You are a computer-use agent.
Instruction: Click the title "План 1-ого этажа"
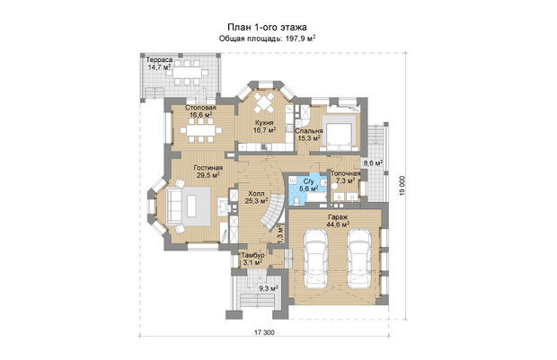pos(267,27)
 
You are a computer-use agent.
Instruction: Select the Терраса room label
pos(160,60)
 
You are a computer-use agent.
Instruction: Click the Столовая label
pos(200,108)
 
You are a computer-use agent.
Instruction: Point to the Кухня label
pos(264,123)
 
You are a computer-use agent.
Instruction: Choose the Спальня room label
pos(309,131)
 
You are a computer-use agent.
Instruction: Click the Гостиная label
pos(208,168)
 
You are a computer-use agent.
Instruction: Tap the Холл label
pos(256,194)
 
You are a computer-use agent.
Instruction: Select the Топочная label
pos(345,173)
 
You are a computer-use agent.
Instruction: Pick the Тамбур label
pos(252,256)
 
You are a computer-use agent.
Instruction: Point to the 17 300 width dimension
pos(264,333)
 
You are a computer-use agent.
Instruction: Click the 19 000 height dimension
pos(402,186)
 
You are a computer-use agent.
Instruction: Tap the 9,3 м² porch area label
pos(269,288)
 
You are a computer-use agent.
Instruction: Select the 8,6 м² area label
pos(373,163)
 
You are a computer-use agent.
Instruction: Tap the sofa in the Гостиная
pos(174,206)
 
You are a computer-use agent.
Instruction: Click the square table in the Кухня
pos(264,103)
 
